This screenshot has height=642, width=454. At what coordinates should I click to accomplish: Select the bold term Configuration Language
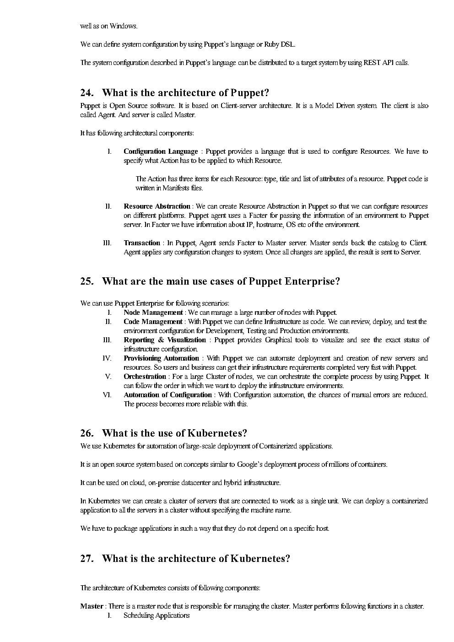(161, 151)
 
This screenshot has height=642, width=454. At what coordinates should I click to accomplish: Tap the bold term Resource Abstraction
(157, 206)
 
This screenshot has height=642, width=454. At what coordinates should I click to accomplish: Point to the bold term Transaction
(142, 243)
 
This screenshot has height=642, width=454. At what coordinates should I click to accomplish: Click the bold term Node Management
(153, 313)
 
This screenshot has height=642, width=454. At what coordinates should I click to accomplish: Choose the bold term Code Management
(153, 322)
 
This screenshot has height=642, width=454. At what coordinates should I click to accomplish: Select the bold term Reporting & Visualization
(165, 340)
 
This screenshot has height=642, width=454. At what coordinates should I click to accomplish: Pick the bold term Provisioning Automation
(161, 358)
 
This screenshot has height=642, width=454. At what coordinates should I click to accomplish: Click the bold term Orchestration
(145, 377)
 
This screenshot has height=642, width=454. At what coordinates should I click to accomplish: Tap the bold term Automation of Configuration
(168, 395)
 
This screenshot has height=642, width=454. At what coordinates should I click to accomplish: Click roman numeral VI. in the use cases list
(107, 395)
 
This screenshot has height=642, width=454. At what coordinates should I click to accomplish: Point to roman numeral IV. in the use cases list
(107, 358)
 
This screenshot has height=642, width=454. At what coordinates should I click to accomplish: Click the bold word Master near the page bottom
(92, 606)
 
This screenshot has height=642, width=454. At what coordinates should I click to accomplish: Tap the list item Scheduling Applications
(157, 615)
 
